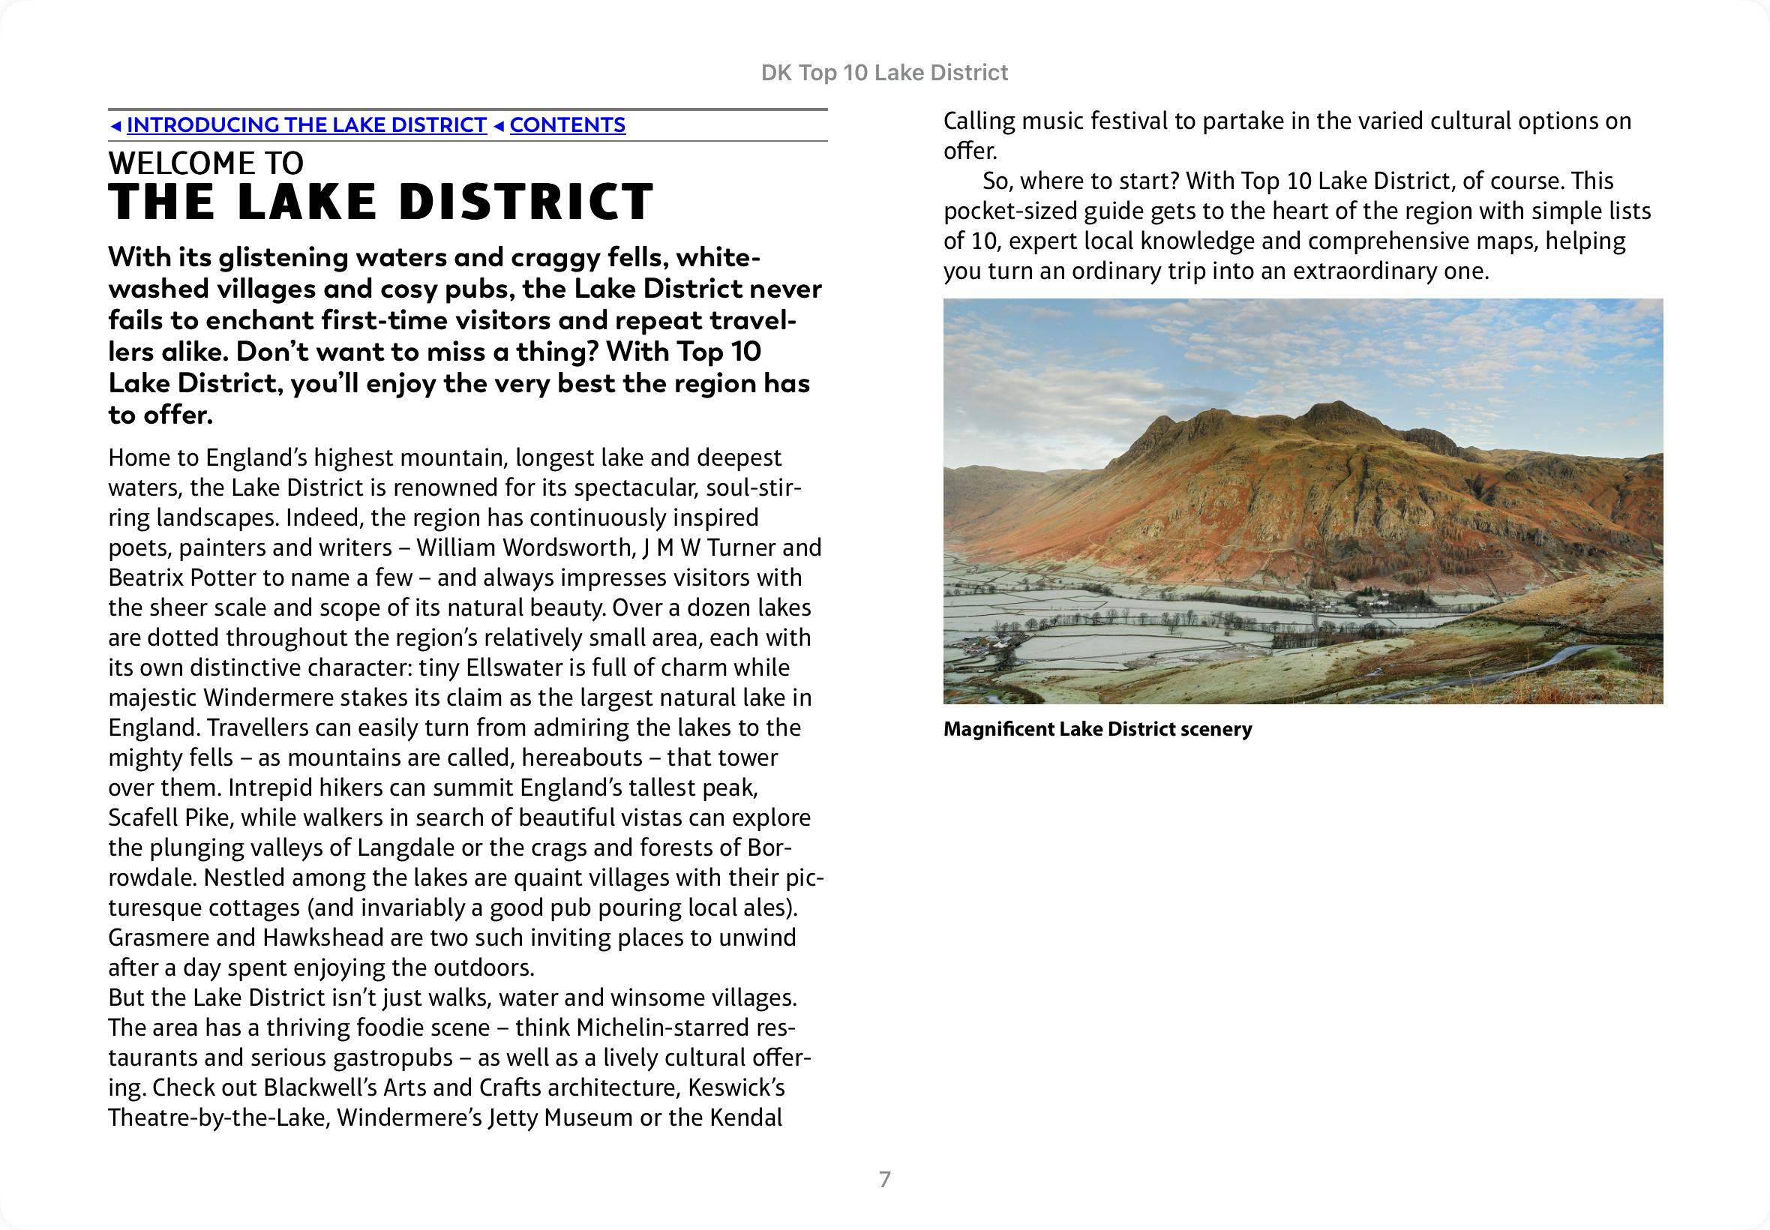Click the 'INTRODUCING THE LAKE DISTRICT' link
pos(307,124)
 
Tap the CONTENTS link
pos(567,124)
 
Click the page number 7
pos(884,1179)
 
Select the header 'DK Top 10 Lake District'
pos(883,73)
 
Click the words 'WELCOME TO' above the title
pos(205,163)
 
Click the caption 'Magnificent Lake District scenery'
pos(1097,729)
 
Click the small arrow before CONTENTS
pos(498,125)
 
